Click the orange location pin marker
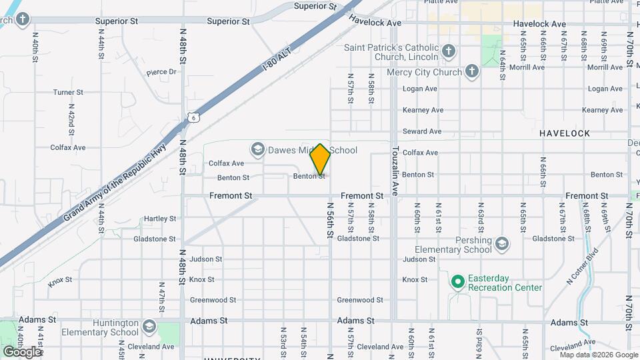click(321, 159)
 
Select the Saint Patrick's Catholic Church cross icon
click(449, 51)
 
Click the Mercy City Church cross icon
click(472, 72)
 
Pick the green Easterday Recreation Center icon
click(457, 282)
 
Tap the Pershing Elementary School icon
click(501, 245)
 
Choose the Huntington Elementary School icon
click(148, 327)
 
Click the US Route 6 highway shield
click(192, 117)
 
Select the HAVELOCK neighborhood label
click(565, 133)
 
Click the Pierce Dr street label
click(161, 72)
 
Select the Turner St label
click(68, 93)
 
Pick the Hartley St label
click(160, 218)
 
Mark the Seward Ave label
click(421, 131)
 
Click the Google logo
click(22, 351)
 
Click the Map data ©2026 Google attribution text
click(597, 355)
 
